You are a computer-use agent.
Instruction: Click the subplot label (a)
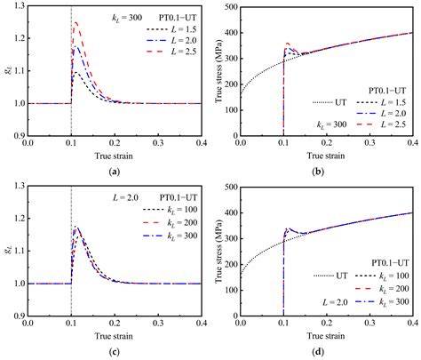[x=115, y=169]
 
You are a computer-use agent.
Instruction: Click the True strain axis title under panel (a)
[x=115, y=156]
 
